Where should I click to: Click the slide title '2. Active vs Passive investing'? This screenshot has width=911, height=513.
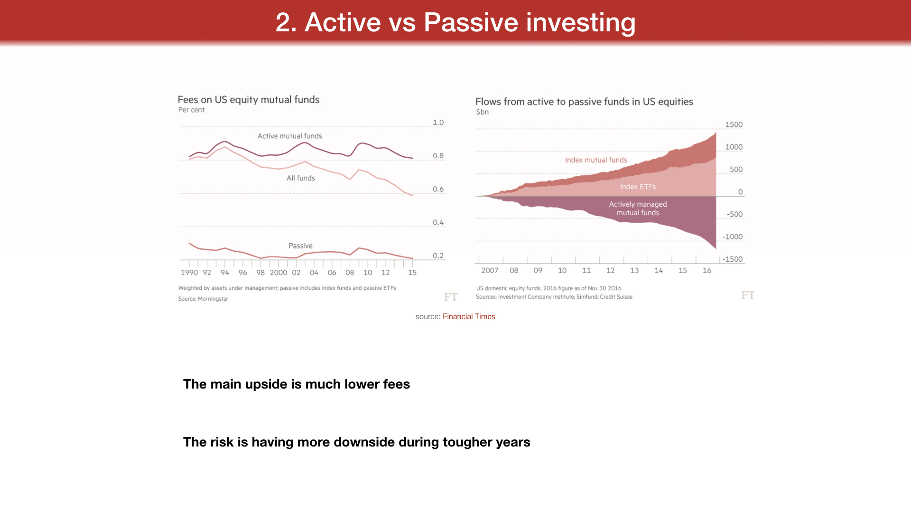pos(455,22)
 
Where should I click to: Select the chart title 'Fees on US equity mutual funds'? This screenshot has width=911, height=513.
pos(249,100)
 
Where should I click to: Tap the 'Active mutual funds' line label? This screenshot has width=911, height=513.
pos(290,136)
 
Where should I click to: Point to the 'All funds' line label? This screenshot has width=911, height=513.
pos(301,178)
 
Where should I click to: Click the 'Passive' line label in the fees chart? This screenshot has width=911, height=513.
pos(301,246)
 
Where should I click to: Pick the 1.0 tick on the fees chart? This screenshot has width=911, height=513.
pos(438,123)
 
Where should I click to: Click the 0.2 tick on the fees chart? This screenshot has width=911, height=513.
pos(438,256)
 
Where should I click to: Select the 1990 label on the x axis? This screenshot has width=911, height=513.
pos(189,273)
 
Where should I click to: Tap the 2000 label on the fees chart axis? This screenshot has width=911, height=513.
pos(279,273)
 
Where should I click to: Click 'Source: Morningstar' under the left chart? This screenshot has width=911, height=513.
pos(203,299)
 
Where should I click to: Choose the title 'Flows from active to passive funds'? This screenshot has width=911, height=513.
pos(584,102)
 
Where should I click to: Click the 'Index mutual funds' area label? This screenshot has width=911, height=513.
pos(596,160)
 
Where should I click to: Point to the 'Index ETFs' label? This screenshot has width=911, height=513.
pos(638,187)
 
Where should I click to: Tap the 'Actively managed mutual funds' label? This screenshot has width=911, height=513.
pos(638,209)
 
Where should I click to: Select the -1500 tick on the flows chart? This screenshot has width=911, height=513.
pos(733,259)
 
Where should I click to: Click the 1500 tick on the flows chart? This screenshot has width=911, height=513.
pos(734,124)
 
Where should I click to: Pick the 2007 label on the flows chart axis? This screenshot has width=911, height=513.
pos(490,270)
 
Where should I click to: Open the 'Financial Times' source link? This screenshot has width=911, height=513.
pos(469,317)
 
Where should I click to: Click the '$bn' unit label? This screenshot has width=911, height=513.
pos(482,112)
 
